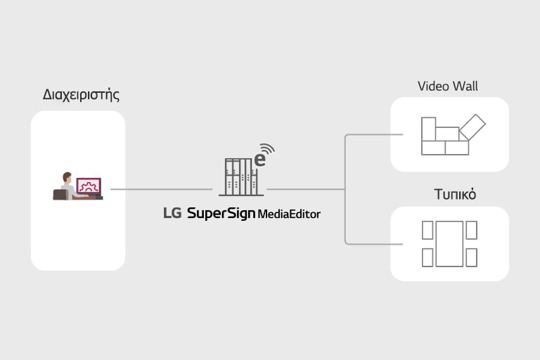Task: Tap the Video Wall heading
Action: point(448,86)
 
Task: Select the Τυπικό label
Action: point(449,195)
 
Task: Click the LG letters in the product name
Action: point(172,213)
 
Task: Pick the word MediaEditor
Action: point(289,214)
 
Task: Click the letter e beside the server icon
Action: point(259,160)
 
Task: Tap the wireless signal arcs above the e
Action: point(267,149)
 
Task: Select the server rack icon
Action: point(238,176)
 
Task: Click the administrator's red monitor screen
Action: point(89,186)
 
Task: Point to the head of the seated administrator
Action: point(67,176)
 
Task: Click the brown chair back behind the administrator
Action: point(60,194)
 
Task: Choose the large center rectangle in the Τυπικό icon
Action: point(449,243)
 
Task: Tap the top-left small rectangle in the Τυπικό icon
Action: point(427,230)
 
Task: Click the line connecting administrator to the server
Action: point(161,189)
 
